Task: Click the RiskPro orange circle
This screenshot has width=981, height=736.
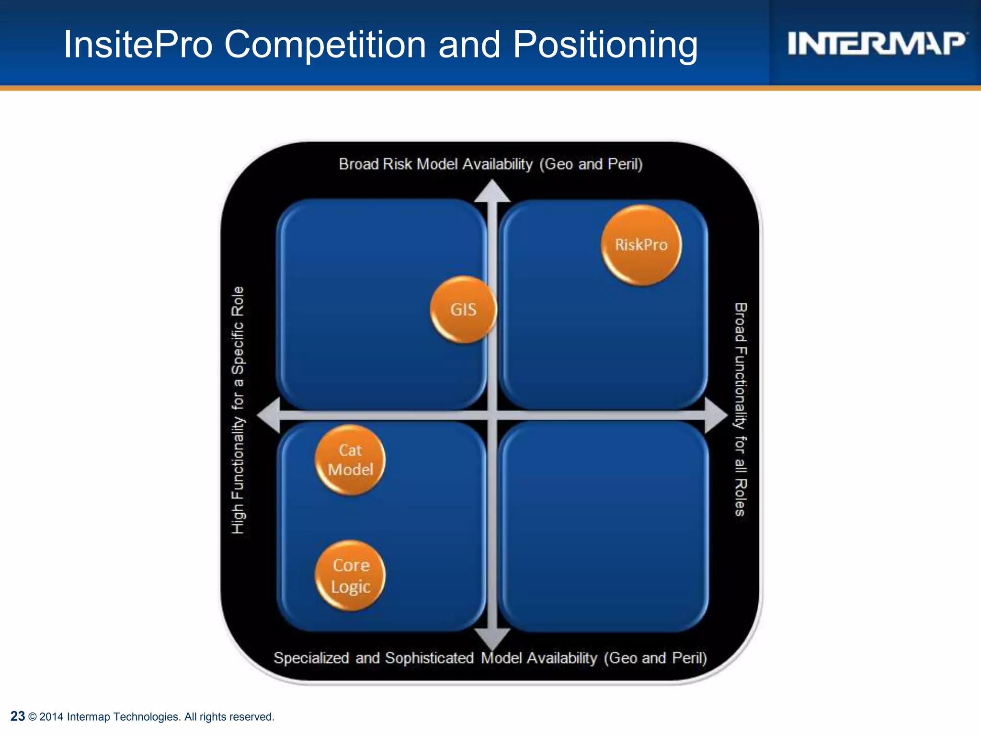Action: (x=641, y=245)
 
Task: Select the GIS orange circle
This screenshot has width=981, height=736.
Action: (x=463, y=310)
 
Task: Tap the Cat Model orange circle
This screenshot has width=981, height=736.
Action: (x=350, y=460)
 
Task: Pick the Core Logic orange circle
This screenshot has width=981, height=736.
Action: (x=350, y=575)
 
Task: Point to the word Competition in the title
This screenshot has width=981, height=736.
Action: (x=325, y=44)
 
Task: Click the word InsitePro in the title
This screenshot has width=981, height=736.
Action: (x=138, y=44)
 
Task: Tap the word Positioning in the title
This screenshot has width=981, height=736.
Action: (x=605, y=45)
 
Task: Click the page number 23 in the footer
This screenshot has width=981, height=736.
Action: (x=18, y=716)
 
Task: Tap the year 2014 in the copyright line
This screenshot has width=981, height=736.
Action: (x=51, y=717)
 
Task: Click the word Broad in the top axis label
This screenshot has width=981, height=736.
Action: (x=358, y=164)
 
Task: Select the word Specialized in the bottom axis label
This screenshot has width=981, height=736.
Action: (x=311, y=658)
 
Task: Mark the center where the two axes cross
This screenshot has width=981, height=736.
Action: (x=492, y=415)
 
